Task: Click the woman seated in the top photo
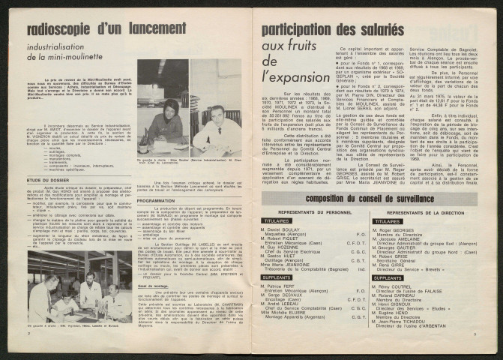click(170, 118)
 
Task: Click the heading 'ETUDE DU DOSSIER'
click(47, 178)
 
